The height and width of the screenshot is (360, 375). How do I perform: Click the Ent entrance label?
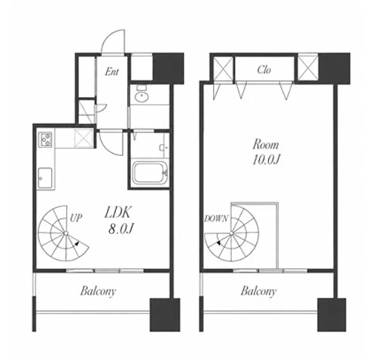tap(112, 72)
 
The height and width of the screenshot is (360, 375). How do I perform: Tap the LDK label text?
tap(117, 212)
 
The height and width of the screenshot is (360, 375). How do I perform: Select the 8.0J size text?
tap(120, 229)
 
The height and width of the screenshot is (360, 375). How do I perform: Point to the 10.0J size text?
tap(267, 160)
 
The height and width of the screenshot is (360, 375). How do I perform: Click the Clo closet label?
tap(264, 69)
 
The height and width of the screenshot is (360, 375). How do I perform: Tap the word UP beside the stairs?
tap(76, 218)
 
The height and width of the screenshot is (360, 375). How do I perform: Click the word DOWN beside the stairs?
tap(216, 218)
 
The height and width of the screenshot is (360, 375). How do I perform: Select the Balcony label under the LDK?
tap(98, 291)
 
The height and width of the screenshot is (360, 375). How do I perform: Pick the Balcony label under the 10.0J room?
tap(259, 291)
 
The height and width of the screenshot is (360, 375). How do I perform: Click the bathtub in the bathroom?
tap(150, 172)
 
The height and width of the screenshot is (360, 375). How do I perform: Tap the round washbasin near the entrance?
tap(142, 96)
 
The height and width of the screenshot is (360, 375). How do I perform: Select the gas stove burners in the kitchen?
tap(45, 139)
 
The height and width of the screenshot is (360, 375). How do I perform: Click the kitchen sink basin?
tap(45, 178)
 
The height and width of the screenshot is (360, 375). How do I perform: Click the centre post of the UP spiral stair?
tap(66, 233)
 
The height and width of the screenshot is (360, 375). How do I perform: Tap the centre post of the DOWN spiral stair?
tap(231, 234)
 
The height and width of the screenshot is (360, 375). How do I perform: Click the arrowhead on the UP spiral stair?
tap(77, 243)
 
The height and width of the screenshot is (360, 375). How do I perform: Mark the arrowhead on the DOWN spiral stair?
tap(218, 243)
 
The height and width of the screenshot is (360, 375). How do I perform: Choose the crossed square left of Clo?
tap(223, 69)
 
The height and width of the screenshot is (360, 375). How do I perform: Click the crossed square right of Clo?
tap(308, 69)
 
